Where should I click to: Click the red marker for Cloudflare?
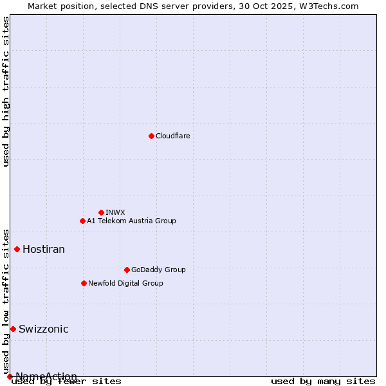[x=151, y=136]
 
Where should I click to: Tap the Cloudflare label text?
[x=172, y=136]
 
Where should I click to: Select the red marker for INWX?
[x=101, y=212]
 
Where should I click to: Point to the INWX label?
[x=115, y=212]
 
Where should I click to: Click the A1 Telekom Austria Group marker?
[x=82, y=221]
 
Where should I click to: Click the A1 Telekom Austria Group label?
[x=131, y=221]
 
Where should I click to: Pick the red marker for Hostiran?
[x=17, y=249]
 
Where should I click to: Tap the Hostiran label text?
[x=44, y=249]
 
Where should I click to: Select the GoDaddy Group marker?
[x=127, y=270]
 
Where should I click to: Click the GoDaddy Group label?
[x=158, y=270]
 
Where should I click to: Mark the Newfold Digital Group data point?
[x=84, y=283]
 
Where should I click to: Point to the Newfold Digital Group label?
[x=125, y=283]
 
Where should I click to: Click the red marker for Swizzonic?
[x=13, y=329]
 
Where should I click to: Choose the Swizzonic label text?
[x=43, y=329]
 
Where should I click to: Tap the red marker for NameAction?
[x=10, y=376]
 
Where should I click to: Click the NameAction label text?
[x=46, y=376]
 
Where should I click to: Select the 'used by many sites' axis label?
[x=323, y=381]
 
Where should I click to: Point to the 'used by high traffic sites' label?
[x=6, y=91]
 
